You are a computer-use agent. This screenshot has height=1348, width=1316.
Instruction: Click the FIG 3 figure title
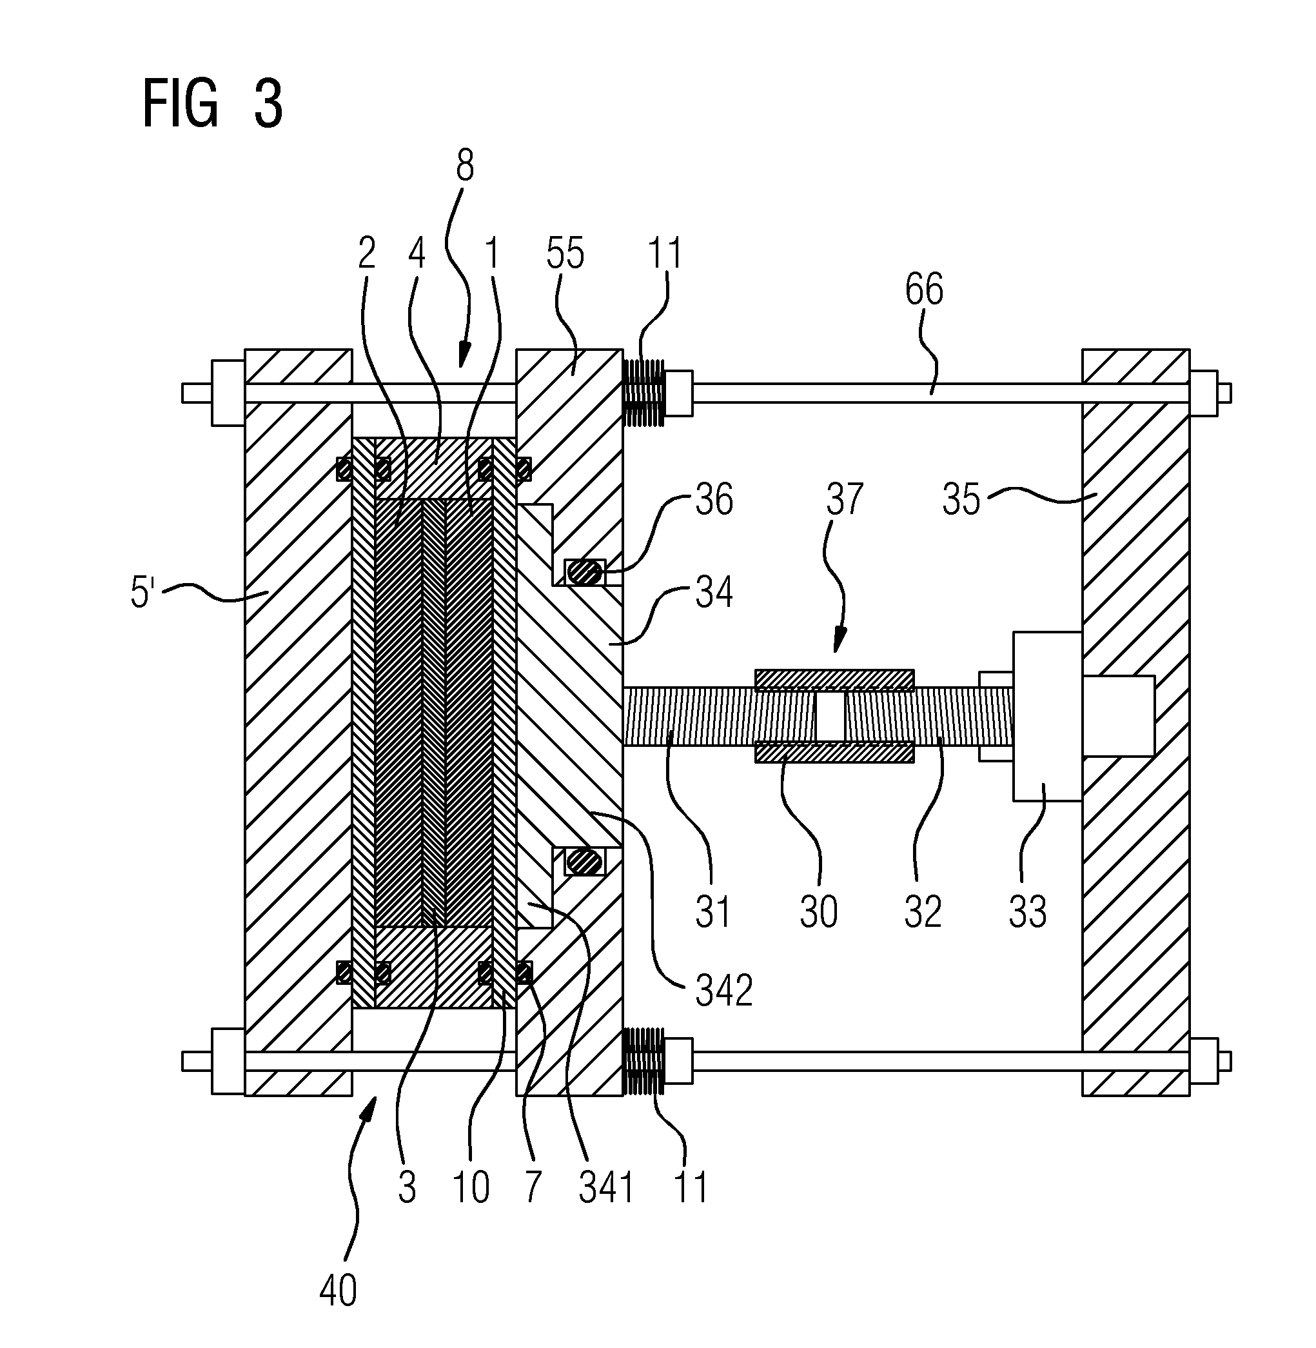click(x=212, y=103)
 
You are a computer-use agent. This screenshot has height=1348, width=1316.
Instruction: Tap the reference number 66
click(x=924, y=289)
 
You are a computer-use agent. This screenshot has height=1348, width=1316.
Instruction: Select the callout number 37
click(x=845, y=499)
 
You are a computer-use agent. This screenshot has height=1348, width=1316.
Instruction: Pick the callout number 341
click(x=606, y=1187)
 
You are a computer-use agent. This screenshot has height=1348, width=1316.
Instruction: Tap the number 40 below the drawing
click(x=338, y=1291)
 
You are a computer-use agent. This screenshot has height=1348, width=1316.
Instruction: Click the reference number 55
click(x=565, y=253)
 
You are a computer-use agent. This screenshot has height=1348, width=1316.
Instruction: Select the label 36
click(x=714, y=499)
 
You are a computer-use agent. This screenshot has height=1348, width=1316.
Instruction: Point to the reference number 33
click(x=1027, y=911)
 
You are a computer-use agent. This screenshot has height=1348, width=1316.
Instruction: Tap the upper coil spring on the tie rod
click(x=643, y=393)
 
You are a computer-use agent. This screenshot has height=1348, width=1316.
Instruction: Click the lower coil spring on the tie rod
click(x=643, y=1061)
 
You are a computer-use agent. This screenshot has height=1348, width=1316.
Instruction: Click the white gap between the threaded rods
click(x=830, y=715)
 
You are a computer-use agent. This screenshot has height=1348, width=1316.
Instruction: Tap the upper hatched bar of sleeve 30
click(x=834, y=680)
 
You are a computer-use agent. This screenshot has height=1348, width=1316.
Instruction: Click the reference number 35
click(x=961, y=499)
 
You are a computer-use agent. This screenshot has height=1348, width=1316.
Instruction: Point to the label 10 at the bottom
click(x=471, y=1187)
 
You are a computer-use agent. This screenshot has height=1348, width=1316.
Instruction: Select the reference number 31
click(x=712, y=911)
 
